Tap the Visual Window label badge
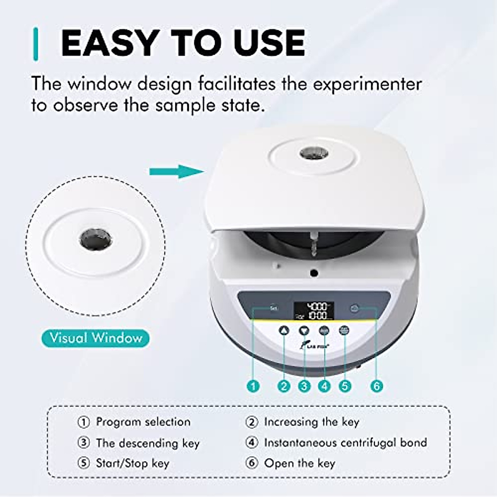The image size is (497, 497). [x=95, y=338]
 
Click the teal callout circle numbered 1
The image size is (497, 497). [x=253, y=386]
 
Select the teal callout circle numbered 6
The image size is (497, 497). [x=376, y=386]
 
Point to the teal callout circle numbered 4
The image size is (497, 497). [x=324, y=386]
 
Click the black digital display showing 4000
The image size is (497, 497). [x=314, y=311]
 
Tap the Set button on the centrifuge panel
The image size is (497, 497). [x=273, y=308]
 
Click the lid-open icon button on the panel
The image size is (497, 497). [x=354, y=308]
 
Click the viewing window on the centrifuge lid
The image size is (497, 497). [x=314, y=154]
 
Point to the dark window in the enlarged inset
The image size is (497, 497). [x=96, y=239]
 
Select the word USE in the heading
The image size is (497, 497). [x=269, y=43]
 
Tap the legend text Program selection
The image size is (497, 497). [x=143, y=422]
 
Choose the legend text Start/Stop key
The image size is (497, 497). [x=133, y=463]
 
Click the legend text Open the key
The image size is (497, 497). [x=299, y=463]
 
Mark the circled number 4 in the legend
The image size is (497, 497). [x=251, y=443]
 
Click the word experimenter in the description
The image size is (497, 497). [x=367, y=84]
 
